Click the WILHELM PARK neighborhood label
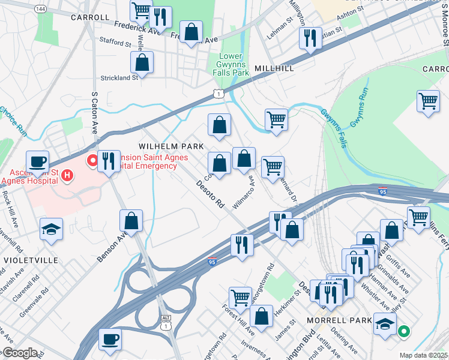click(171, 146)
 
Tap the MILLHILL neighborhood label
click(274, 68)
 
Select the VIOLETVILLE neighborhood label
click(31, 260)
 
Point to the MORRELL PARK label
click(339, 320)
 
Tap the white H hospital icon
click(67, 176)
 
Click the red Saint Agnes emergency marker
click(92, 161)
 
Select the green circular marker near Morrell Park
click(404, 330)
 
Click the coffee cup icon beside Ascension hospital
click(38, 161)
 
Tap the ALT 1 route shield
click(166, 322)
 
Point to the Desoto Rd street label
click(209, 195)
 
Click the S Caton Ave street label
click(94, 113)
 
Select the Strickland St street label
click(118, 77)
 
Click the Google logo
click(19, 353)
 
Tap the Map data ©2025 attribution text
click(423, 355)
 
